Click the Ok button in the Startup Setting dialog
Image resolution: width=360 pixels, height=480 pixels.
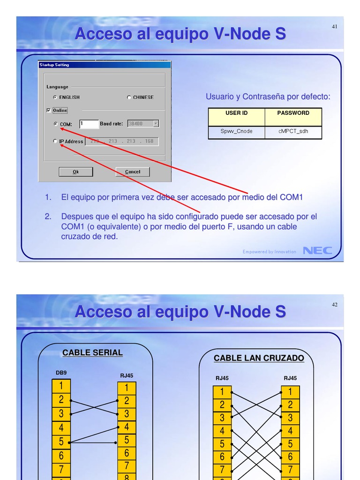(75, 172)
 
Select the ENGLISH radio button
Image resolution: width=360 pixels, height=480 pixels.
(55, 97)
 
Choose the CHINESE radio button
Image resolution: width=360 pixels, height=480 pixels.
(129, 97)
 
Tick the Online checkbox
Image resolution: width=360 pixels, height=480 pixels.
(49, 111)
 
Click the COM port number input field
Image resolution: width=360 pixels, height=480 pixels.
(89, 124)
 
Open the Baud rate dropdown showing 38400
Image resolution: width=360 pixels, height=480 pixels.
(156, 124)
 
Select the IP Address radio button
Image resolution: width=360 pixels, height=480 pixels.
(55, 141)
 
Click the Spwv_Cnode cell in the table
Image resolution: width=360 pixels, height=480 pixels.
(236, 132)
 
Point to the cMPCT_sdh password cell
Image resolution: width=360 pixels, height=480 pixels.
(293, 132)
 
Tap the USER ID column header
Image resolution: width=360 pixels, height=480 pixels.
(236, 113)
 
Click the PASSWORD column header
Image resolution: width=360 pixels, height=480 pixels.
(293, 113)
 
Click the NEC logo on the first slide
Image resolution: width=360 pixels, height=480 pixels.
(317, 251)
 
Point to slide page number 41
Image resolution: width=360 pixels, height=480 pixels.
(335, 27)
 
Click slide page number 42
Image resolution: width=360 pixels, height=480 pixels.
(335, 305)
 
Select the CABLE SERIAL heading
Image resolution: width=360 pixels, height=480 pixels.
(92, 353)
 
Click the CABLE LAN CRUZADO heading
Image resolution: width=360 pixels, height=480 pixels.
(259, 359)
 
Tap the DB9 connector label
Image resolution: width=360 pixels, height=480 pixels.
(61, 373)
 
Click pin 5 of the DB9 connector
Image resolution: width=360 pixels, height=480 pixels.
(61, 442)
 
